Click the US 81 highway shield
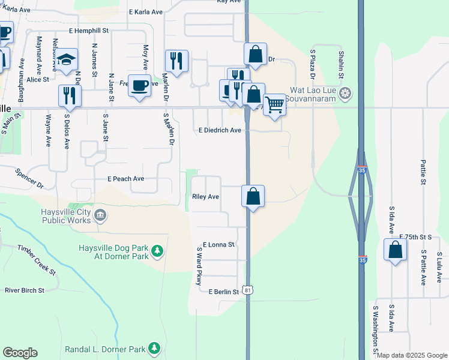[248, 289]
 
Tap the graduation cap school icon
[67, 59]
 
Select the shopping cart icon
[274, 104]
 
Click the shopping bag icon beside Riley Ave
[253, 196]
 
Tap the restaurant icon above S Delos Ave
[70, 95]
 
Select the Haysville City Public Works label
[66, 216]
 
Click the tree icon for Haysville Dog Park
[157, 250]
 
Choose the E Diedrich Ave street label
[220, 130]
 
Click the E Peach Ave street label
[125, 179]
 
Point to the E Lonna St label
[218, 245]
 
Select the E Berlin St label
[224, 292]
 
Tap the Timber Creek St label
[36, 260]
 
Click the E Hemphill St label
[88, 30]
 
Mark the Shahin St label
[340, 64]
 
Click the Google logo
[20, 353]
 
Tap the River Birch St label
[25, 290]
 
